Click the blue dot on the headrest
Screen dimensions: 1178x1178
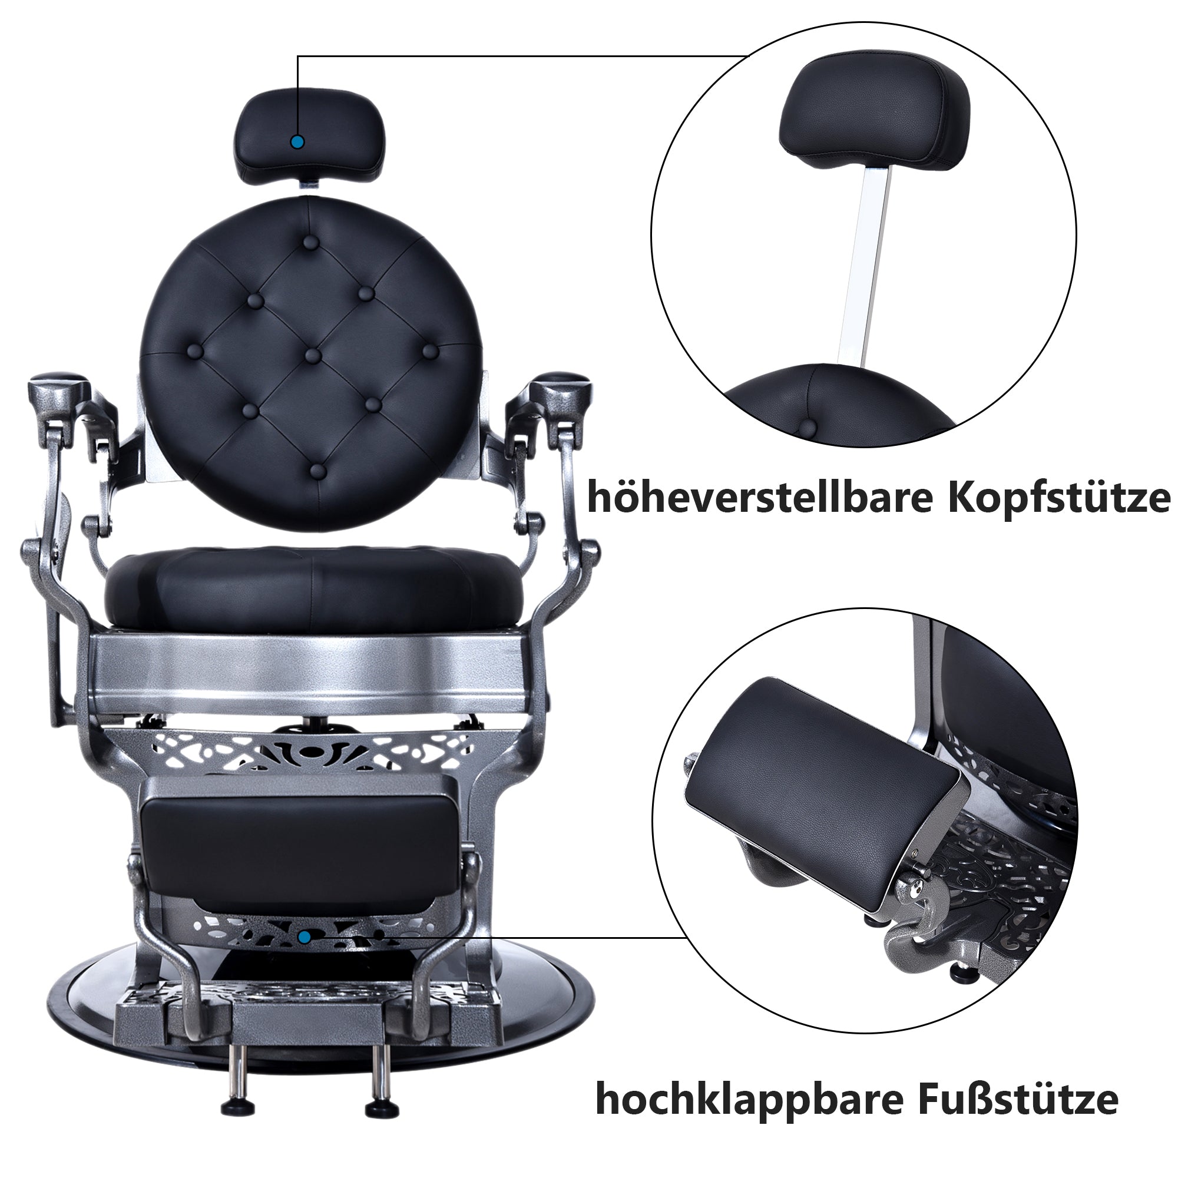297,142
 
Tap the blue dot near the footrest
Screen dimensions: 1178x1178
305,937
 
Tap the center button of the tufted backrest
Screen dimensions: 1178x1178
313,355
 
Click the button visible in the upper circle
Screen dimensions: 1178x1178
808,428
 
